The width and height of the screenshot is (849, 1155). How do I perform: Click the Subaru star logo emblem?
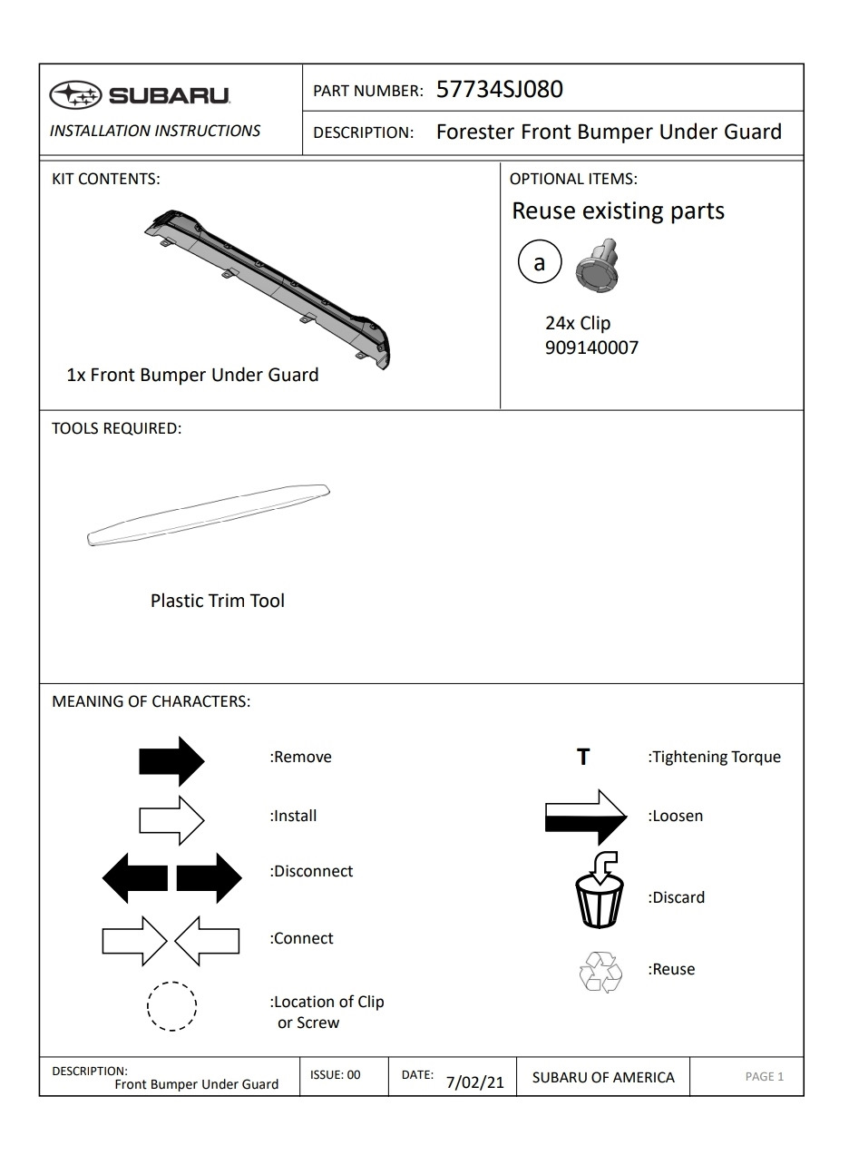pos(75,94)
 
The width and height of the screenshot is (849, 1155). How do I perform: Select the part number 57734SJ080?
pos(499,89)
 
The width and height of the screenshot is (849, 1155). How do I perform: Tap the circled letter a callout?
pos(540,263)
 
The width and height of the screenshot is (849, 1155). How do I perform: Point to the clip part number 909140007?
pos(591,347)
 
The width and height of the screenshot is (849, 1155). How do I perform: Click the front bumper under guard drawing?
pos(272,283)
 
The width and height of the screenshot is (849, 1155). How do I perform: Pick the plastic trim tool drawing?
pos(208,515)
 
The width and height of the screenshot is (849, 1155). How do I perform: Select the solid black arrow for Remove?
pos(172,760)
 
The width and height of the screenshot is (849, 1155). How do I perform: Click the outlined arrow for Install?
pos(172,819)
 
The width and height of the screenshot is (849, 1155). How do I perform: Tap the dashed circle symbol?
pos(172,1007)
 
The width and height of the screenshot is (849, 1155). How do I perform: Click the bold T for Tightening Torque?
pos(583,757)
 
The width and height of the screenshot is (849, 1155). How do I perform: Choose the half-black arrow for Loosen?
pos(586,816)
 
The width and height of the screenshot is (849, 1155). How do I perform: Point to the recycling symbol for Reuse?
pos(600,972)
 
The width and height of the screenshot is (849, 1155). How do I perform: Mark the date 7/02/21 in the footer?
pos(474,1082)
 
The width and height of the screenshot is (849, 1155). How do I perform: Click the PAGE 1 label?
pos(764,1077)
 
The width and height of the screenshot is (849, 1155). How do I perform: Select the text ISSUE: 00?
pos(335,1075)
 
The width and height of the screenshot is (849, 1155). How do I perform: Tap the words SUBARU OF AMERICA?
pos(603,1077)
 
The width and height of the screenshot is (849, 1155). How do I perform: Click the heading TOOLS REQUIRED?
pos(116,428)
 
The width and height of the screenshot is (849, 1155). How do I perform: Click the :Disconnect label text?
pos(311,871)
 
